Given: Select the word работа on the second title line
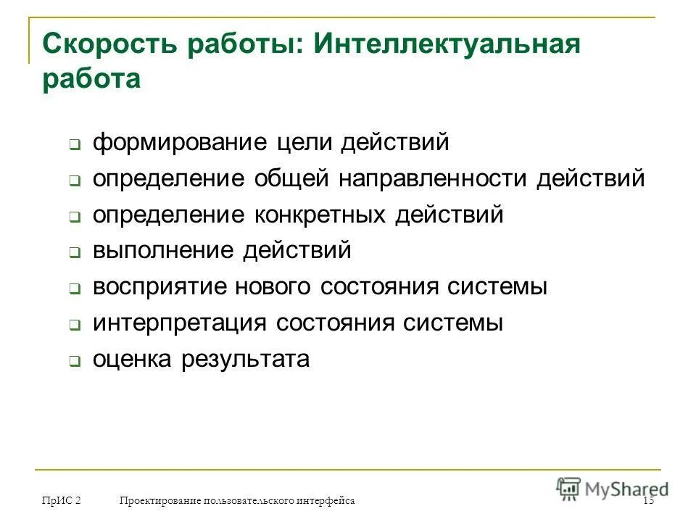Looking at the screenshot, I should [x=91, y=78].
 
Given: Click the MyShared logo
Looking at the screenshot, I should [x=613, y=488].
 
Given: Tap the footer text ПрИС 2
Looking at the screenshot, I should [x=61, y=501].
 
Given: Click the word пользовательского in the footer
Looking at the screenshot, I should [x=249, y=501].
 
